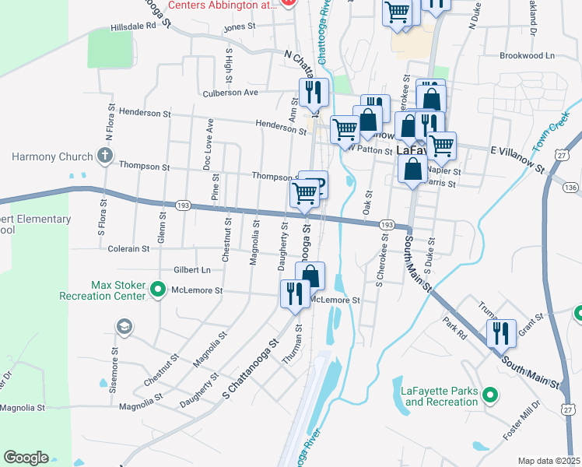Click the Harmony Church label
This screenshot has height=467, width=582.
pos(52,156)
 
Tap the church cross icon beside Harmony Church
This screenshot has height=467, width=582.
pos(106,156)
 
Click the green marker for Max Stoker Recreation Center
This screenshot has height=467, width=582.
pos(158,291)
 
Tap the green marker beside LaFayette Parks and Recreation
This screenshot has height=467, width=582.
pos(489,395)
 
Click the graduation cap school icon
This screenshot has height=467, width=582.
pos(124,325)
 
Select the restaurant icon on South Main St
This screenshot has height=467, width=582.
pos(502,332)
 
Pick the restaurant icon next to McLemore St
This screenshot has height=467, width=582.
pos(294,293)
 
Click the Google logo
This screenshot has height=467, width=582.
pos(26,458)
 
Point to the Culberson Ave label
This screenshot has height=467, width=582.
pos(230,92)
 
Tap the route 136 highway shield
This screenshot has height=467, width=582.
pos(571,188)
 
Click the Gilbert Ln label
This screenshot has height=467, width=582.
pos(193,270)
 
